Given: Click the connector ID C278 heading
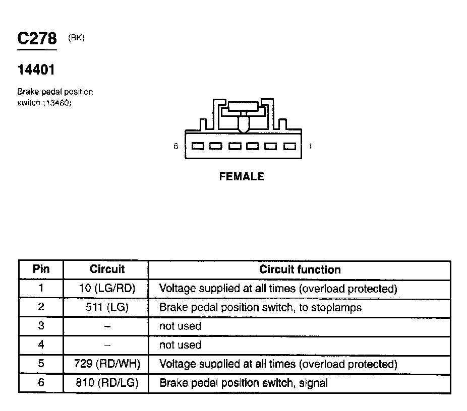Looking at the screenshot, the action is (x=37, y=38).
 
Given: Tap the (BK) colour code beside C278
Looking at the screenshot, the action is (x=76, y=38).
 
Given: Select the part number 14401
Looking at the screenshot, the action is (x=36, y=70).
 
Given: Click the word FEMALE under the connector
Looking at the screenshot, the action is (x=242, y=177).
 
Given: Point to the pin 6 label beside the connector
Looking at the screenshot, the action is (x=176, y=146).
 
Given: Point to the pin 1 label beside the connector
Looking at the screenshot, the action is (x=310, y=147).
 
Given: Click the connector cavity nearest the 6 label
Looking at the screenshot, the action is (x=198, y=146).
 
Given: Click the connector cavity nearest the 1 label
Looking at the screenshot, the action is (x=289, y=147).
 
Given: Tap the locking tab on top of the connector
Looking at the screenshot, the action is (x=243, y=116).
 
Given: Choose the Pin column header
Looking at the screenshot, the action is (x=41, y=269).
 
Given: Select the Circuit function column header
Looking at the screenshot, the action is (x=300, y=269).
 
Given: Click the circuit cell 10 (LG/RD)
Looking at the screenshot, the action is (x=107, y=288).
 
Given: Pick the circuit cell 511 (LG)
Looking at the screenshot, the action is (x=107, y=307).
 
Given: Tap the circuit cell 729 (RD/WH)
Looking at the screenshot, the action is (x=107, y=364).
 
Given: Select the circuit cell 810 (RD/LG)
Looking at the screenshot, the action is (x=107, y=382).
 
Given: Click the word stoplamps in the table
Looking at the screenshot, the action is (x=336, y=308).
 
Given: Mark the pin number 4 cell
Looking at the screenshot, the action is (x=41, y=345).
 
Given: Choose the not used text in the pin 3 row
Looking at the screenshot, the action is (x=181, y=326).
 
